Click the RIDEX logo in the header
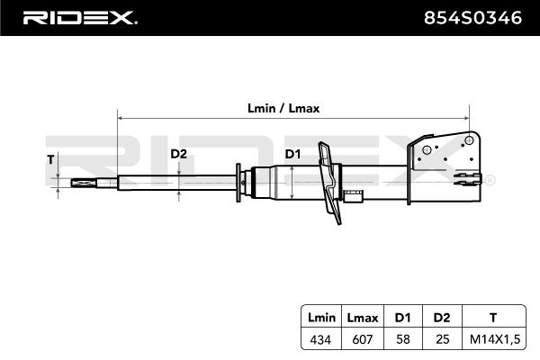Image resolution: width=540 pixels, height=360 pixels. [x=79, y=17]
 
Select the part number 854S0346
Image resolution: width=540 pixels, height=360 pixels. [x=473, y=17]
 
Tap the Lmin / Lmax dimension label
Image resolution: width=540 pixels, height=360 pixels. [x=283, y=107]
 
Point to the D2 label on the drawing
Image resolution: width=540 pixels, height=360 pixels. [x=178, y=154]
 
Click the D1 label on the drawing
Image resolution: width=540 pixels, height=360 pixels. [x=292, y=154]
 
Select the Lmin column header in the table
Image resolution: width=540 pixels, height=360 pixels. [x=321, y=317]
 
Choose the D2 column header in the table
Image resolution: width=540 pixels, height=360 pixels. [x=440, y=317]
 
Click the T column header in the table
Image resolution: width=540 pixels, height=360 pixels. [x=491, y=317]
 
